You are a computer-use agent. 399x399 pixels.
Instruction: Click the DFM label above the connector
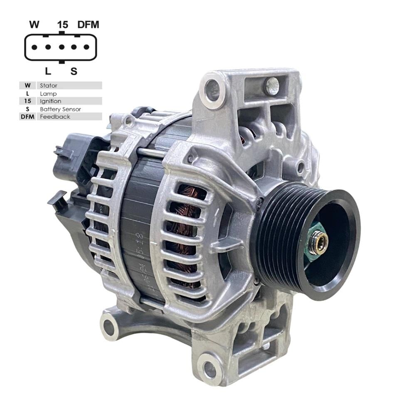coord(88,25)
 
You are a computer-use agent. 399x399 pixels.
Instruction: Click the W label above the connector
coord(34,25)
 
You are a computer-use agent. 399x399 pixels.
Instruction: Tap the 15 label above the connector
coord(62,25)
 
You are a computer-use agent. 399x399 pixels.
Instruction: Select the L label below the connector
coord(48,71)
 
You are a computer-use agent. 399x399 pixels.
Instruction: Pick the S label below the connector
coord(74,71)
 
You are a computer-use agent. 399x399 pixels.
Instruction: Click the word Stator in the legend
coord(49,85)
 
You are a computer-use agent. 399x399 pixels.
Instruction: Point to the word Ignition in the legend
coord(50,101)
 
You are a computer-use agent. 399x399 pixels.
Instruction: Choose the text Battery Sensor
coord(60,109)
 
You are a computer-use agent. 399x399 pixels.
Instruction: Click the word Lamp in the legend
coord(48,94)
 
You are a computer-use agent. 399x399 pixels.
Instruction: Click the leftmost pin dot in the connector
coord(34,47)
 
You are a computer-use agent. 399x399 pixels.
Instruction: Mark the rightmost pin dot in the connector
coord(86,47)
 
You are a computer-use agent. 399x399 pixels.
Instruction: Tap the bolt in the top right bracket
coord(272,86)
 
